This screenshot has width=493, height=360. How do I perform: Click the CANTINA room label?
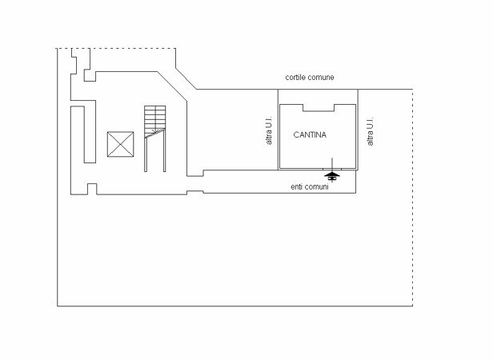click(x=310, y=134)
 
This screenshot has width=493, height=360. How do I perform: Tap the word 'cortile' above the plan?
click(x=297, y=78)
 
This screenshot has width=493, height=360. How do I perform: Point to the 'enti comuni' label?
click(x=310, y=186)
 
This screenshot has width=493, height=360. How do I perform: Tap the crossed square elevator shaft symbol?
click(x=121, y=145)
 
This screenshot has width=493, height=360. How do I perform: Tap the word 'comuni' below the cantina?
click(x=317, y=186)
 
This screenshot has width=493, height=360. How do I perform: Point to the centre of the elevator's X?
click(x=121, y=145)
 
